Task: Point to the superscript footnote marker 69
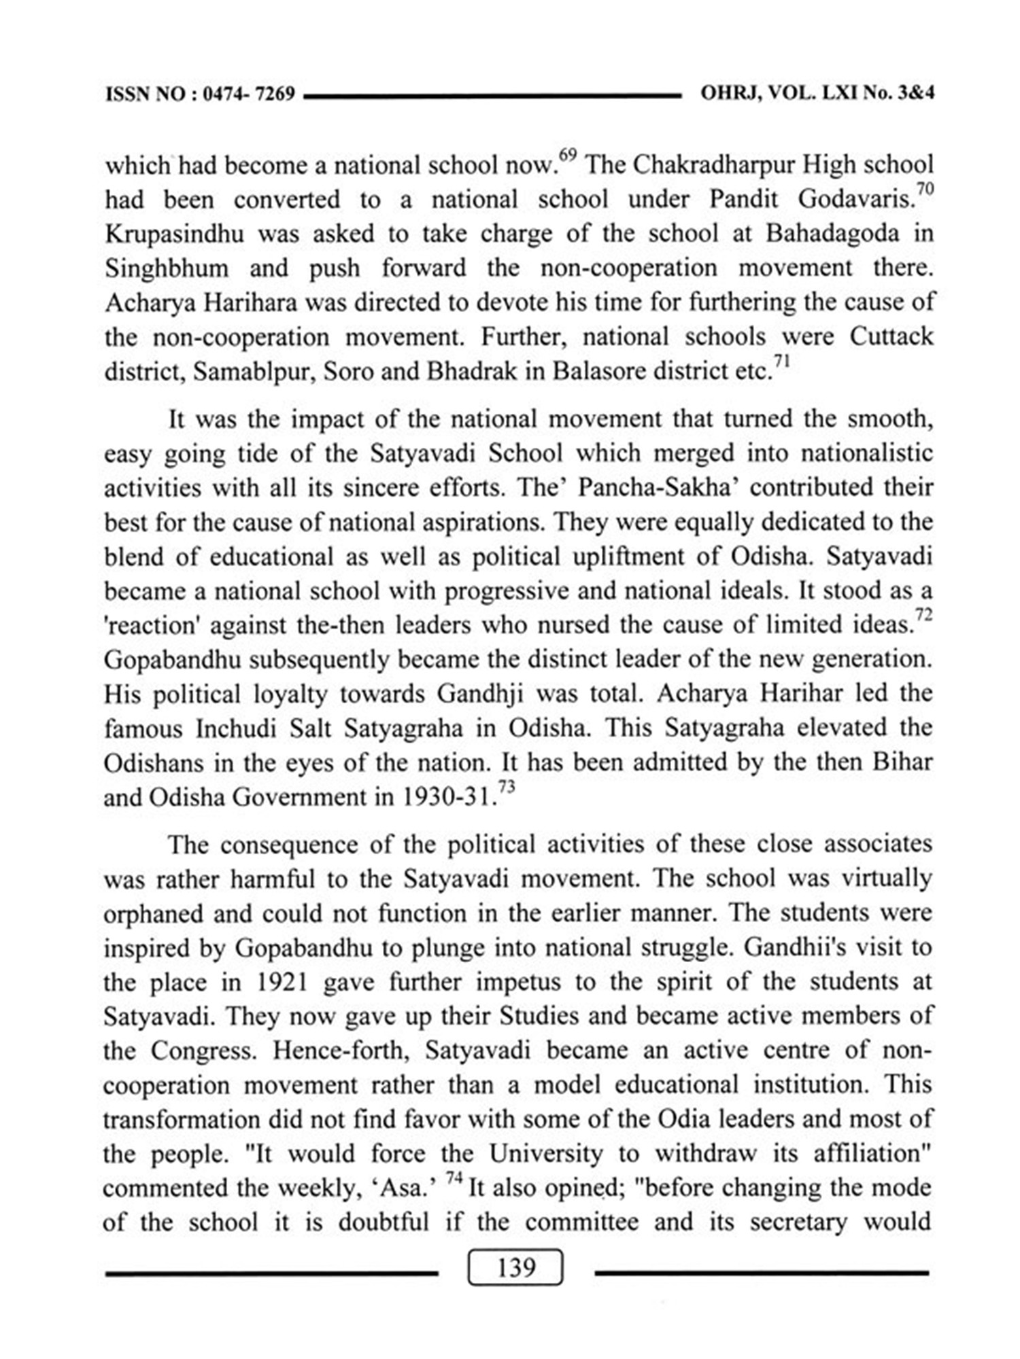click(x=568, y=155)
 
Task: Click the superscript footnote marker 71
click(x=781, y=361)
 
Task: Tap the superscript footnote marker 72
click(x=923, y=614)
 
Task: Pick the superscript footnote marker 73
click(x=506, y=786)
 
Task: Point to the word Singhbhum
click(x=167, y=268)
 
